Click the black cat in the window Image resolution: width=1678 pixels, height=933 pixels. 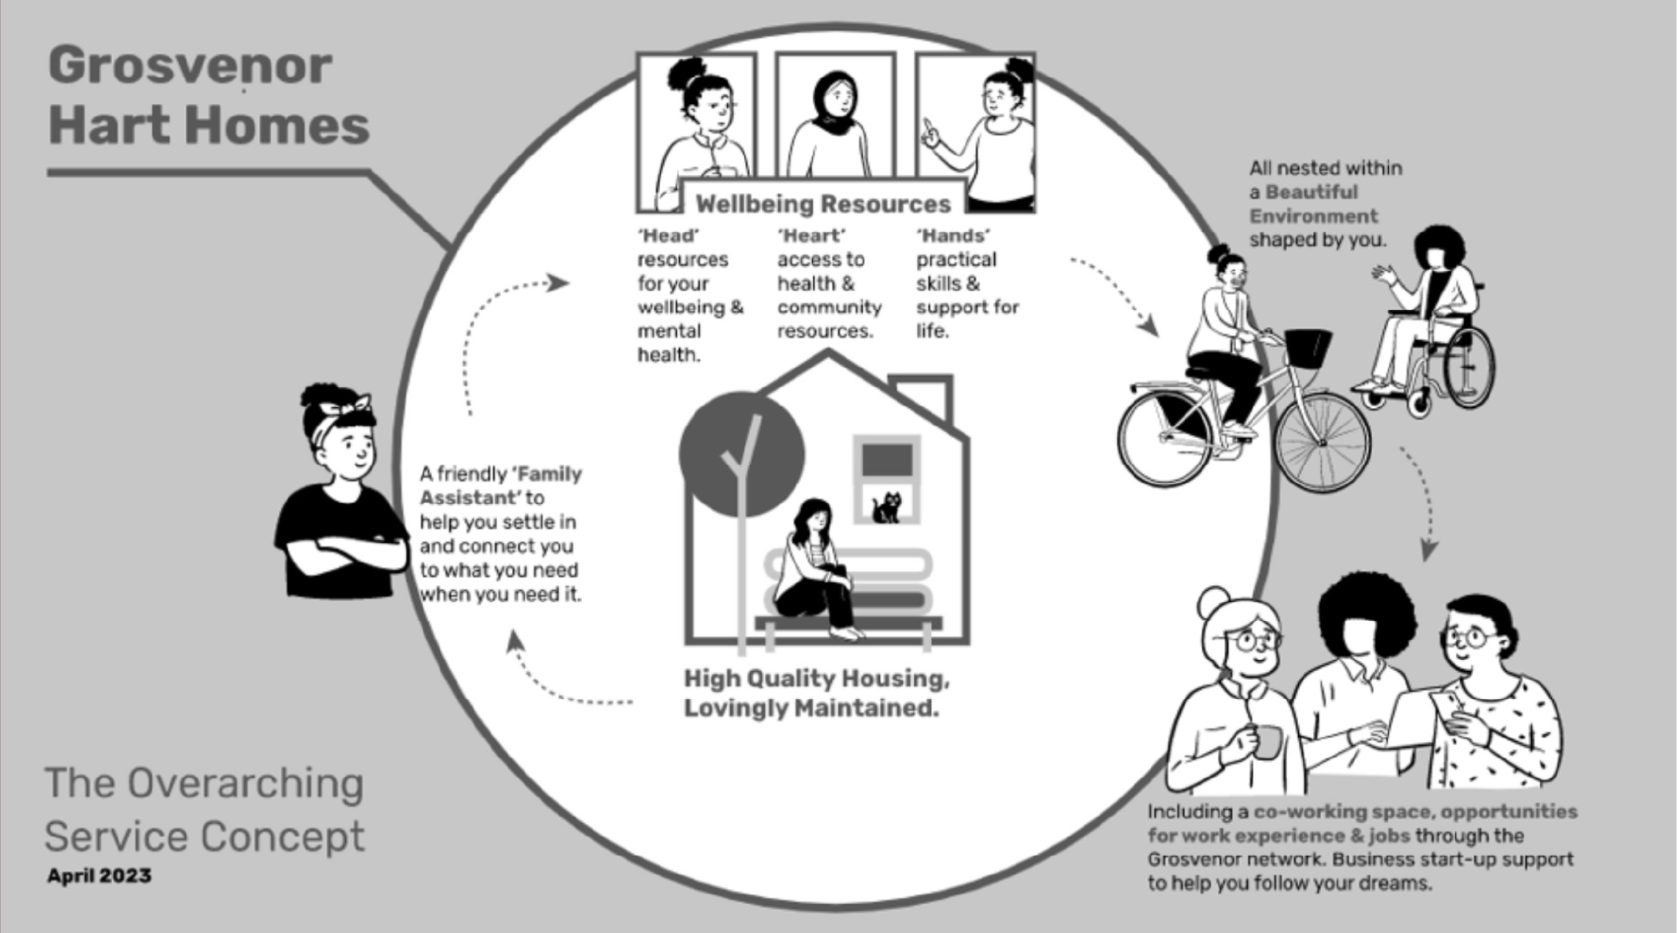click(x=887, y=507)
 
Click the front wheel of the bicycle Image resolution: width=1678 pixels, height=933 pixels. click(x=1322, y=442)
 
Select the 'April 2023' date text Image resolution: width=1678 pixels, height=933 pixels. click(x=100, y=875)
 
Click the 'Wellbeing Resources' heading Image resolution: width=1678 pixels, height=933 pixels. click(x=823, y=204)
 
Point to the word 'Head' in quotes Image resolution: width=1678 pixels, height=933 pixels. click(x=668, y=236)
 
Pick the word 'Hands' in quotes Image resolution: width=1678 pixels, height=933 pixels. click(x=953, y=236)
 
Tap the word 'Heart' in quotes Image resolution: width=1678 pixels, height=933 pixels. click(x=811, y=236)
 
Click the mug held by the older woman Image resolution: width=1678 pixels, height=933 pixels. click(x=1266, y=741)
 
